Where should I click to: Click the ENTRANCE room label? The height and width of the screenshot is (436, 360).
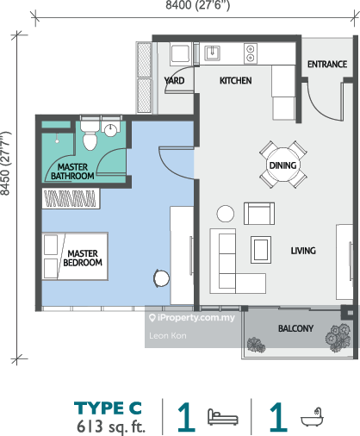click(x=327, y=64)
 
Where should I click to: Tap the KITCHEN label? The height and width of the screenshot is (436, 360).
click(x=236, y=81)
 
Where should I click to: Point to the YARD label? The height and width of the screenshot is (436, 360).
click(x=174, y=80)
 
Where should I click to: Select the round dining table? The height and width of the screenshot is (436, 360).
click(x=283, y=165)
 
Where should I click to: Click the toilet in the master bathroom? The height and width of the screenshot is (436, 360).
click(x=90, y=135)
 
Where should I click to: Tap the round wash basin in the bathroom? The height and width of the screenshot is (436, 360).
click(x=110, y=130)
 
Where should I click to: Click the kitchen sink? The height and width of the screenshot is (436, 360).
click(x=212, y=53)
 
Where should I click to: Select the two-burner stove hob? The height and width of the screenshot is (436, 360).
click(x=251, y=53)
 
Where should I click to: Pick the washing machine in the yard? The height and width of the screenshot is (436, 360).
click(x=181, y=54)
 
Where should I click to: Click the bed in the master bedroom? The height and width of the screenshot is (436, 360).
click(x=75, y=256)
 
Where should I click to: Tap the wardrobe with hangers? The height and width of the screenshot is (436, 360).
click(x=71, y=198)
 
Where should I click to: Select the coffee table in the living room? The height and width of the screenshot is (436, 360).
click(x=261, y=250)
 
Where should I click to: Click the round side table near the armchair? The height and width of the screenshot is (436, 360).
click(x=226, y=214)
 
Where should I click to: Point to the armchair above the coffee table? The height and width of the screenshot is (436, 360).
click(x=259, y=214)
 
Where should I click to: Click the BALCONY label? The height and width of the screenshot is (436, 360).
click(x=295, y=328)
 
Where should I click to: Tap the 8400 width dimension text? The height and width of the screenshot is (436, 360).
click(x=198, y=5)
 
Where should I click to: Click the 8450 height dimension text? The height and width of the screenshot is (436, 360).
click(x=5, y=163)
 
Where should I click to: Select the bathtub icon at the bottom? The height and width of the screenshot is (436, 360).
click(x=313, y=416)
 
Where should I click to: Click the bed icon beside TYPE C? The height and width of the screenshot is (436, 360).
click(x=223, y=417)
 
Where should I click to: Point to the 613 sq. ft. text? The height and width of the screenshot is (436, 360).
click(x=111, y=427)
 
